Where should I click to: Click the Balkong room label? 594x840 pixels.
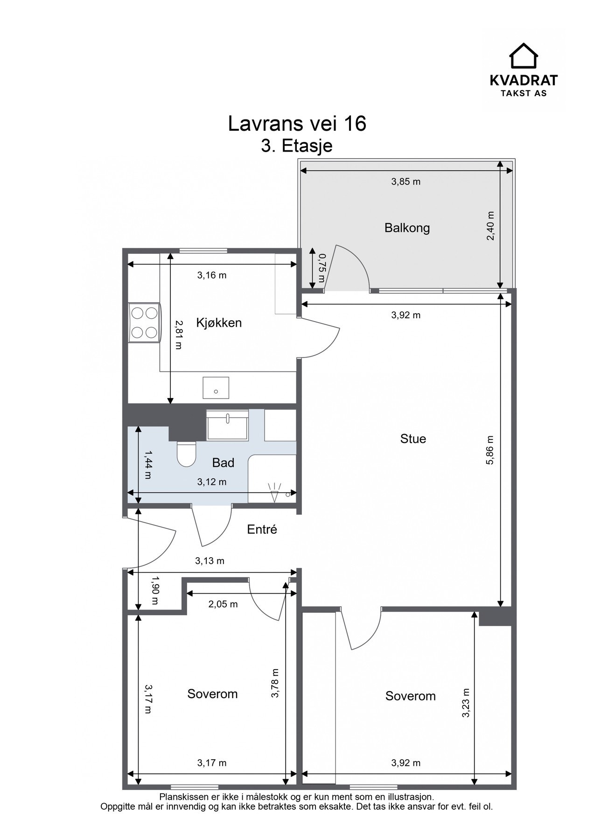pos(407,228)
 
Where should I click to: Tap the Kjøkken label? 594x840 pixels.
pos(219,322)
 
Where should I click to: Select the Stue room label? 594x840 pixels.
pos(413,439)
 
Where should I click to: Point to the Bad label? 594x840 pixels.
pos(223,462)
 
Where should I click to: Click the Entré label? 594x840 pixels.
pos(262,529)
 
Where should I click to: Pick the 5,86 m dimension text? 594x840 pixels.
pos(489,450)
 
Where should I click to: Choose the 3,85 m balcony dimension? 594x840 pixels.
pos(405,182)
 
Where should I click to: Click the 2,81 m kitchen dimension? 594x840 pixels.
pos(178,335)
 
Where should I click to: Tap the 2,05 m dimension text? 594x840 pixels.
pos(223,604)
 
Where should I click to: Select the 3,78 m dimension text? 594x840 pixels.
pos(275,683)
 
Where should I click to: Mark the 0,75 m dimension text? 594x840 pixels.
pos(321,268)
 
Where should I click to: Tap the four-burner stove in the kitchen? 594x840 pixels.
pos(144,322)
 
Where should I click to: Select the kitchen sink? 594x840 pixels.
pos(216,388)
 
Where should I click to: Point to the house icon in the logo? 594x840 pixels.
pos(523,56)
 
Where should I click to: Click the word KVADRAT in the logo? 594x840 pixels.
pos(523,80)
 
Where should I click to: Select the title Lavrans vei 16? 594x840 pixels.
pos(297,124)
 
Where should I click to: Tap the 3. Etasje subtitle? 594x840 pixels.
pos(297,146)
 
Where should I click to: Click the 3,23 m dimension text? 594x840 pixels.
pos(465,703)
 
